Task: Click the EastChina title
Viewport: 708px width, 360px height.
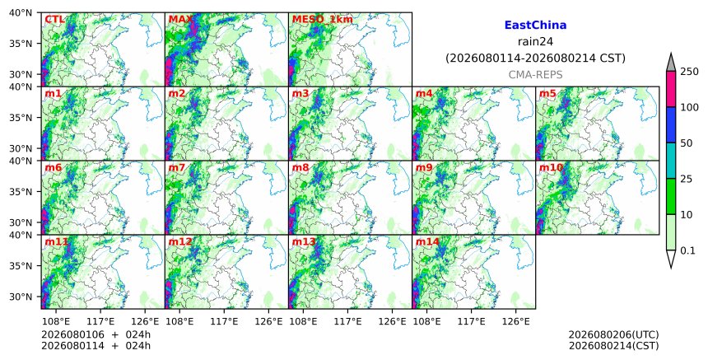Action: (x=535, y=26)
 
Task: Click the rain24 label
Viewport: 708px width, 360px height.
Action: (x=535, y=41)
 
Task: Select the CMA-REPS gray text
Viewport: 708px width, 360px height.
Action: (x=535, y=74)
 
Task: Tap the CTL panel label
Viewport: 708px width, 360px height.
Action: (x=54, y=20)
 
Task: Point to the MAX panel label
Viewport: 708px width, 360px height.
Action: (x=180, y=20)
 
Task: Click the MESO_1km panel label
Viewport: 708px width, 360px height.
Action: (x=323, y=20)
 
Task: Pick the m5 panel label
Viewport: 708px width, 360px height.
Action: (x=547, y=93)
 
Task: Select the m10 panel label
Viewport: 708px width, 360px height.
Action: (x=551, y=167)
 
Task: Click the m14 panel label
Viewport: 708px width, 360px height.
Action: (x=427, y=241)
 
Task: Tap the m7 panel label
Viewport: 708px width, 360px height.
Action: (x=177, y=167)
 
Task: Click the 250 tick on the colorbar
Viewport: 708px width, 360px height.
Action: (x=690, y=72)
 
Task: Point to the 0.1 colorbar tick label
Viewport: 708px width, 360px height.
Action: (x=687, y=250)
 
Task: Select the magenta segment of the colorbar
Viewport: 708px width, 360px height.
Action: (x=671, y=89)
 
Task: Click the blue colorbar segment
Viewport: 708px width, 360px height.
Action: (x=671, y=124)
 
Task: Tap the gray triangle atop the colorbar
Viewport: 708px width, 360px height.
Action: (x=671, y=63)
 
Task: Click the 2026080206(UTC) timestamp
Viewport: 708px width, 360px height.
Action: (x=613, y=334)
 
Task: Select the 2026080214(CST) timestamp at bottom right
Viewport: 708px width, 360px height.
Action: (x=613, y=346)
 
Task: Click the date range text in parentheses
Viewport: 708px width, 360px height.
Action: (x=535, y=58)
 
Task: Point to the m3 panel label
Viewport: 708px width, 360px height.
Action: (x=300, y=93)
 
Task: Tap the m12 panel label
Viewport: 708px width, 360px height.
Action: (x=180, y=241)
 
